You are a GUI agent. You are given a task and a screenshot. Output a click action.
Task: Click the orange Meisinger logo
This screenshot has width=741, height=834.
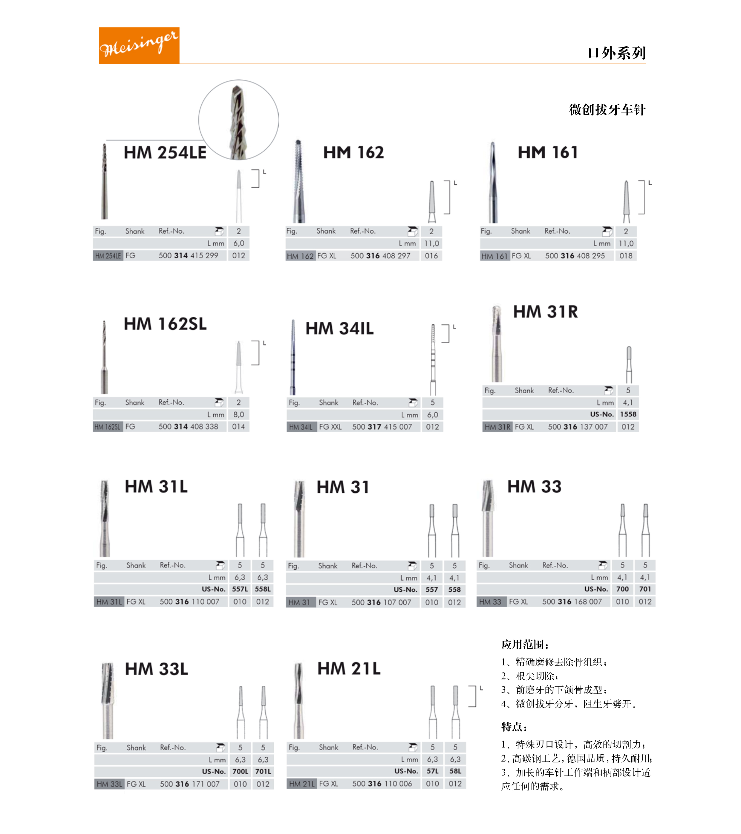click(139, 45)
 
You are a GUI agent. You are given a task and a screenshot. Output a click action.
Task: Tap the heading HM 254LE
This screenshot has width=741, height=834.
click(165, 152)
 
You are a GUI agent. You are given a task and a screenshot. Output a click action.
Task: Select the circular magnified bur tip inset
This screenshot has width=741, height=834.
click(238, 120)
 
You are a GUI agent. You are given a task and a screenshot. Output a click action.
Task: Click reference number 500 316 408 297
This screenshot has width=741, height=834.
click(380, 256)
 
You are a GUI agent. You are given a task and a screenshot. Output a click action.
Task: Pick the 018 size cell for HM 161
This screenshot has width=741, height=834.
click(625, 256)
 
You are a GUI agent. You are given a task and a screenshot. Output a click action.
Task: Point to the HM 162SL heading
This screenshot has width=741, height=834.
click(165, 324)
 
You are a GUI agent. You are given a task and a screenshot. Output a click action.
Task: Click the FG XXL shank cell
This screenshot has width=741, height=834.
click(330, 427)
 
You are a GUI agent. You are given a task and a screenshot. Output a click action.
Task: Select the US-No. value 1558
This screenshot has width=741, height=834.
click(628, 414)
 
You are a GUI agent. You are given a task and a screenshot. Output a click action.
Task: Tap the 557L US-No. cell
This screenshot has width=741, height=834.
click(240, 589)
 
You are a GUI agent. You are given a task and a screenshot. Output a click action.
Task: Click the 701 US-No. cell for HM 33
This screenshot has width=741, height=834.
click(645, 589)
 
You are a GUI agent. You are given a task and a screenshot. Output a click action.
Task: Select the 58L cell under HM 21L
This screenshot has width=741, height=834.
click(455, 771)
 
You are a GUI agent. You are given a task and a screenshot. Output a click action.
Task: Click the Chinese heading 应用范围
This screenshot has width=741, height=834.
click(525, 645)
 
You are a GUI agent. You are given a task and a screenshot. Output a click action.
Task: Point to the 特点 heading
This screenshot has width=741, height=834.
click(514, 727)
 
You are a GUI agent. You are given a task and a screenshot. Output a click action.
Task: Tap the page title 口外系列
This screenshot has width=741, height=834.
click(616, 53)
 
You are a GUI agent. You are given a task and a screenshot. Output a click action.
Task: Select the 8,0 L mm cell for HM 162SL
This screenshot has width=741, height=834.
click(238, 414)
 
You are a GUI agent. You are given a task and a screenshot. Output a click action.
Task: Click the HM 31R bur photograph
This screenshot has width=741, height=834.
click(496, 343)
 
